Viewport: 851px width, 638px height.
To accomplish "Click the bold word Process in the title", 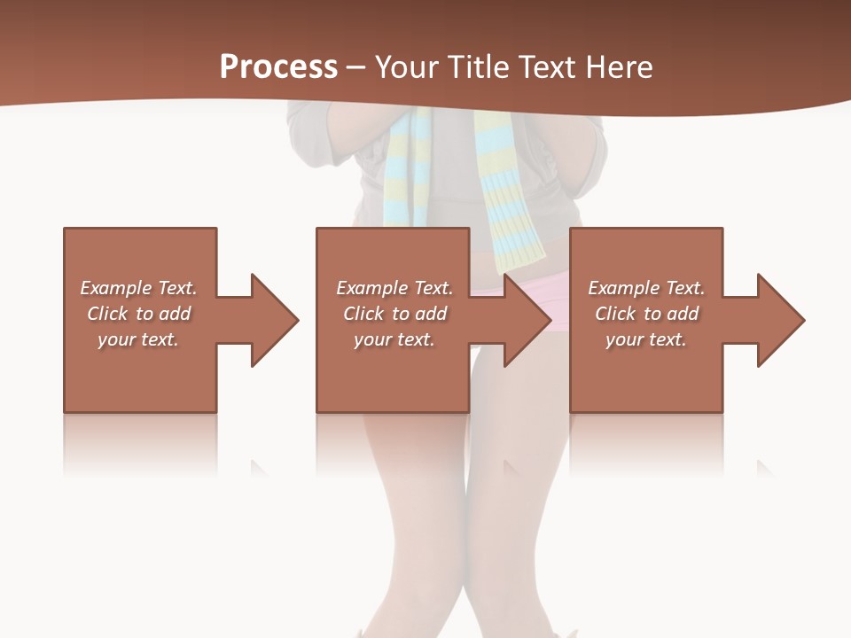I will pyautogui.click(x=278, y=66).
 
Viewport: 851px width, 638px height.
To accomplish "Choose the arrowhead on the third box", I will pyautogui.click(x=779, y=320).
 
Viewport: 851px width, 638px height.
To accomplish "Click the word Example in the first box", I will pyautogui.click(x=115, y=288).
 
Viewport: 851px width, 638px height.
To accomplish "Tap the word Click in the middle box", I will pyautogui.click(x=363, y=314).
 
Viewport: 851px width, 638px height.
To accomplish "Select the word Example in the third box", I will pyautogui.click(x=623, y=288).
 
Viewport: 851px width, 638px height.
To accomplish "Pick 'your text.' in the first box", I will pyautogui.click(x=138, y=339).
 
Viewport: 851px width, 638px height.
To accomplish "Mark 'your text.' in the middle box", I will pyautogui.click(x=394, y=339).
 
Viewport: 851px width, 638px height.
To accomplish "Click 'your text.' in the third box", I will pyautogui.click(x=645, y=339).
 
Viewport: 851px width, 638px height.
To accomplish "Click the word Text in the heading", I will pyautogui.click(x=548, y=66).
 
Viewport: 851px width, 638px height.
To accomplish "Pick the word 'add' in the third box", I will pyautogui.click(x=682, y=314).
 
